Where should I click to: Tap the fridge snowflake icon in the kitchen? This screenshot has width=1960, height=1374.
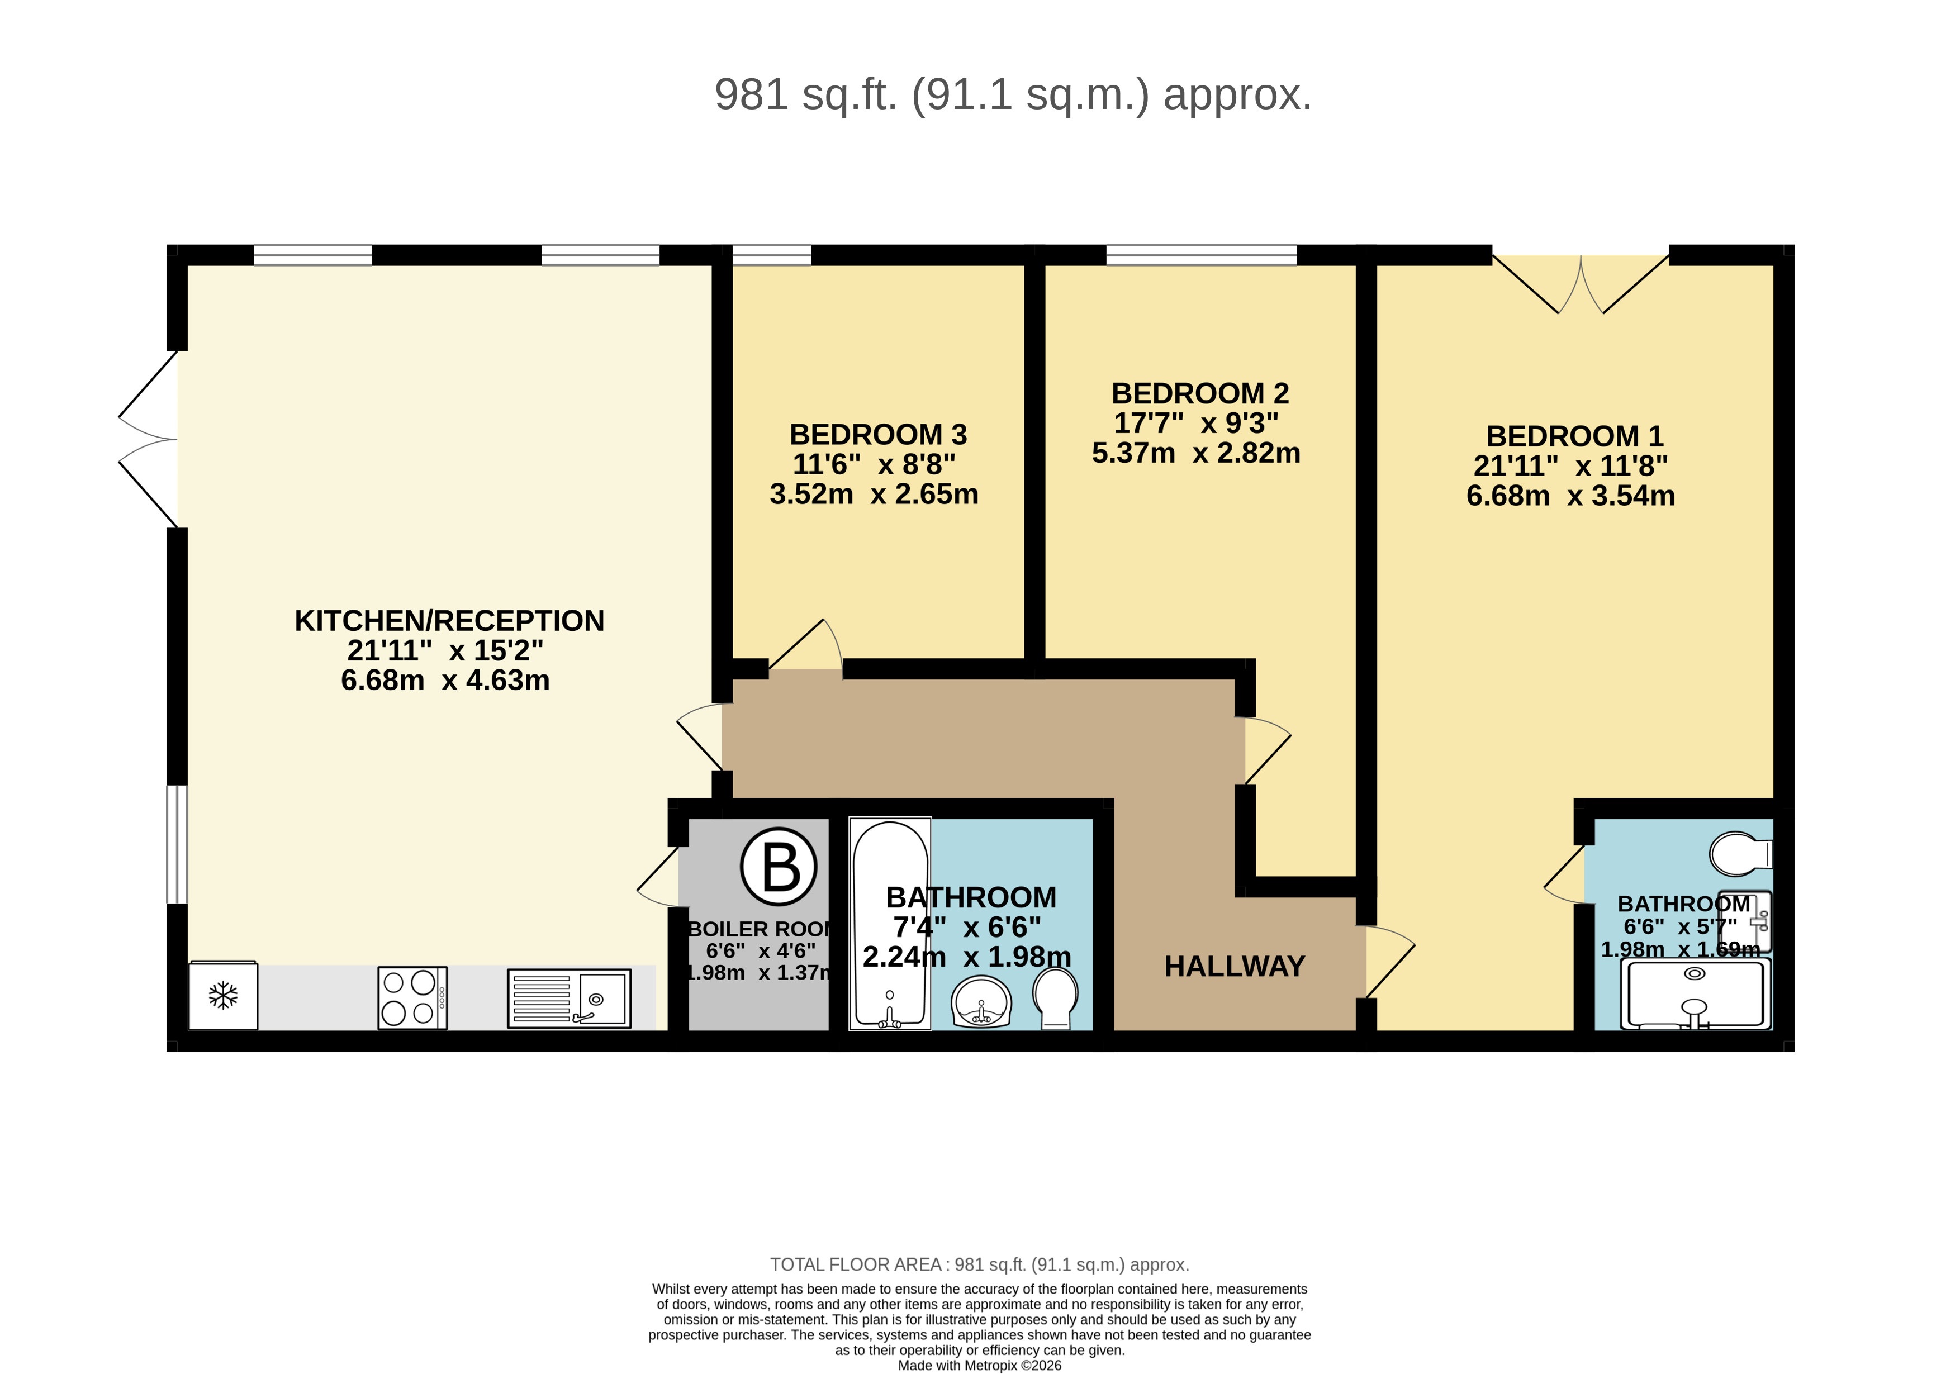pyautogui.click(x=223, y=995)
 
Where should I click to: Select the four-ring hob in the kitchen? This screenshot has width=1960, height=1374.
pyautogui.click(x=412, y=997)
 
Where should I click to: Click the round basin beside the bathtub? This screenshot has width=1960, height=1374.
pyautogui.click(x=982, y=1002)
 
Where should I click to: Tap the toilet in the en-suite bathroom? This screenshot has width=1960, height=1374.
pyautogui.click(x=1740, y=853)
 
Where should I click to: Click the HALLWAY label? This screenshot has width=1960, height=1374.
pyautogui.click(x=1235, y=966)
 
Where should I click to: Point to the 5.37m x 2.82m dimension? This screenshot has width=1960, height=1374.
pyautogui.click(x=1196, y=452)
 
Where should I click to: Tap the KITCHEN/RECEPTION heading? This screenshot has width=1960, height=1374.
pyautogui.click(x=449, y=620)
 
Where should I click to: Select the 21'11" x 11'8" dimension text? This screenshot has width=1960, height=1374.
pyautogui.click(x=1570, y=466)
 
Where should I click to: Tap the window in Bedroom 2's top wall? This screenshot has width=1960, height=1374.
pyautogui.click(x=1201, y=254)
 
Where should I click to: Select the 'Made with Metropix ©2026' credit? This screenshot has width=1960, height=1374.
pyautogui.click(x=979, y=1366)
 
